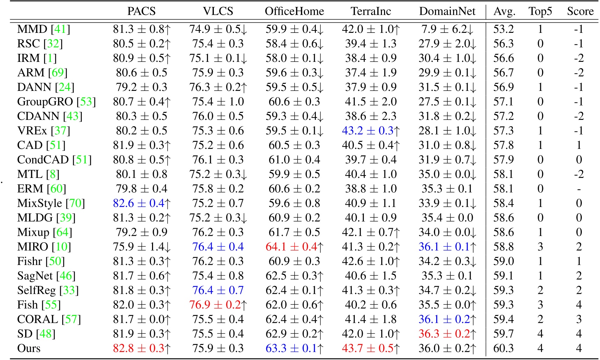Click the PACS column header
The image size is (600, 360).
click(141, 11)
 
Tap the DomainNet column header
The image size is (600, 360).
click(447, 11)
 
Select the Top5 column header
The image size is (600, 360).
click(540, 11)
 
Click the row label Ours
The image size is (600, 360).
click(29, 348)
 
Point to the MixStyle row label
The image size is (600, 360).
click(39, 203)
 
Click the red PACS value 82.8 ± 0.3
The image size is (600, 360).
click(139, 348)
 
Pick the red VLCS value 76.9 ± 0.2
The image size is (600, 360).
click(215, 305)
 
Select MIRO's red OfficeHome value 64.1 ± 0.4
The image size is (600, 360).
click(291, 247)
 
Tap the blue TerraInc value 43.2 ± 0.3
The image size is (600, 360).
click(368, 131)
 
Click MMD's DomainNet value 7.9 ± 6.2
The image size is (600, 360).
click(444, 29)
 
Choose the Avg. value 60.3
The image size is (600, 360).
click(503, 348)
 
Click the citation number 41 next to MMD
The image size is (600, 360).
click(60, 29)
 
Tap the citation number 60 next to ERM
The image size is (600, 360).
click(56, 189)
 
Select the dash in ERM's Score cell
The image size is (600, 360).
click(579, 189)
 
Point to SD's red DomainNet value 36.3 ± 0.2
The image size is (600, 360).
click(444, 334)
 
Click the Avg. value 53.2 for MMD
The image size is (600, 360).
click(503, 29)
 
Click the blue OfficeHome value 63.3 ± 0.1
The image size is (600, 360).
click(291, 348)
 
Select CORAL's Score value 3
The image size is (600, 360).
click(579, 319)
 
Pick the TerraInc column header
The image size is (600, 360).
click(371, 11)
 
